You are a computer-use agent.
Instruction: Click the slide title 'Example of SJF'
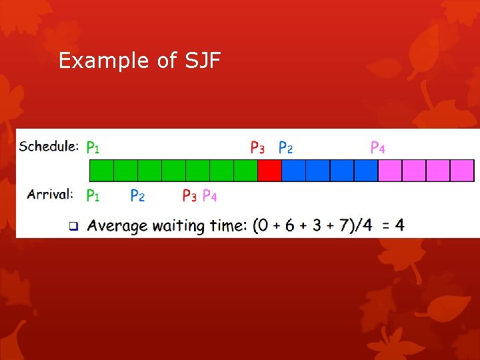click(139, 61)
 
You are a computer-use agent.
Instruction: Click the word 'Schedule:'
click(49, 147)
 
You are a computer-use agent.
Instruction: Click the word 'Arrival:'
click(50, 195)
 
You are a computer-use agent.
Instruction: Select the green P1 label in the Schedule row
click(93, 147)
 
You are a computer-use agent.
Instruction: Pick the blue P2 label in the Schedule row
click(286, 147)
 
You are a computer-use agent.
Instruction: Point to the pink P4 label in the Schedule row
click(377, 147)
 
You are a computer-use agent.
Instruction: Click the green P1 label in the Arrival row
click(93, 195)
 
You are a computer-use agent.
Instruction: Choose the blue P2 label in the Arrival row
click(137, 195)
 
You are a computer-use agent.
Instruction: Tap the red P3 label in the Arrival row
click(189, 195)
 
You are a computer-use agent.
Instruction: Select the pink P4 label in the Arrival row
click(209, 195)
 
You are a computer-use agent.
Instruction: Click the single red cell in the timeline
click(269, 171)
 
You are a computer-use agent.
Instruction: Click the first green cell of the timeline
click(101, 171)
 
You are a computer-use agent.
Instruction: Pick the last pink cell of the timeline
click(462, 171)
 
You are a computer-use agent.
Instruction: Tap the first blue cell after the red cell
click(293, 171)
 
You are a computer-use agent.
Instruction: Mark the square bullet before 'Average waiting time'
click(74, 226)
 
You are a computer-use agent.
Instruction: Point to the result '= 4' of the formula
click(393, 225)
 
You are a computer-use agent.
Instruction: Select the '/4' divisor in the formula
click(364, 226)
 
